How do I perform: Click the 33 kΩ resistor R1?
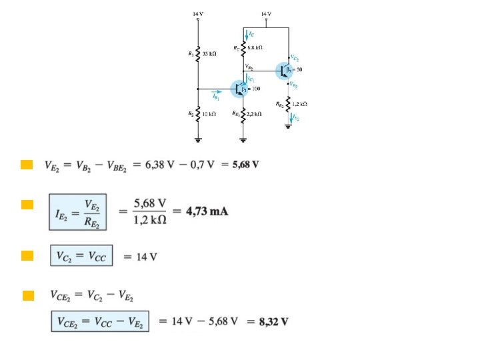coord(198,53)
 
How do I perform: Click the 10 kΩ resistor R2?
coord(198,115)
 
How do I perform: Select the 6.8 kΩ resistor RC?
coord(243,48)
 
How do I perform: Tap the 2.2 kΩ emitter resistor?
coord(243,115)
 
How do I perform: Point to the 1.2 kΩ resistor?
coord(289,104)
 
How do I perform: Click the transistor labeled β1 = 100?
coord(240,88)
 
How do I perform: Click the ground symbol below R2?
coord(198,140)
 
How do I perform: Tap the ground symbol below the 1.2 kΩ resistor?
coord(289,127)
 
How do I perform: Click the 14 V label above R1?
coord(198,13)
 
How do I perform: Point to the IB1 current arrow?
coord(217,94)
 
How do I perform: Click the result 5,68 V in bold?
coord(245,165)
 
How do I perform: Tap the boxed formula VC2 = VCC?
coord(81,256)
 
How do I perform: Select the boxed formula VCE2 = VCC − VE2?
coord(100,322)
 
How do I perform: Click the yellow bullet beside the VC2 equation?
coord(27,255)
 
